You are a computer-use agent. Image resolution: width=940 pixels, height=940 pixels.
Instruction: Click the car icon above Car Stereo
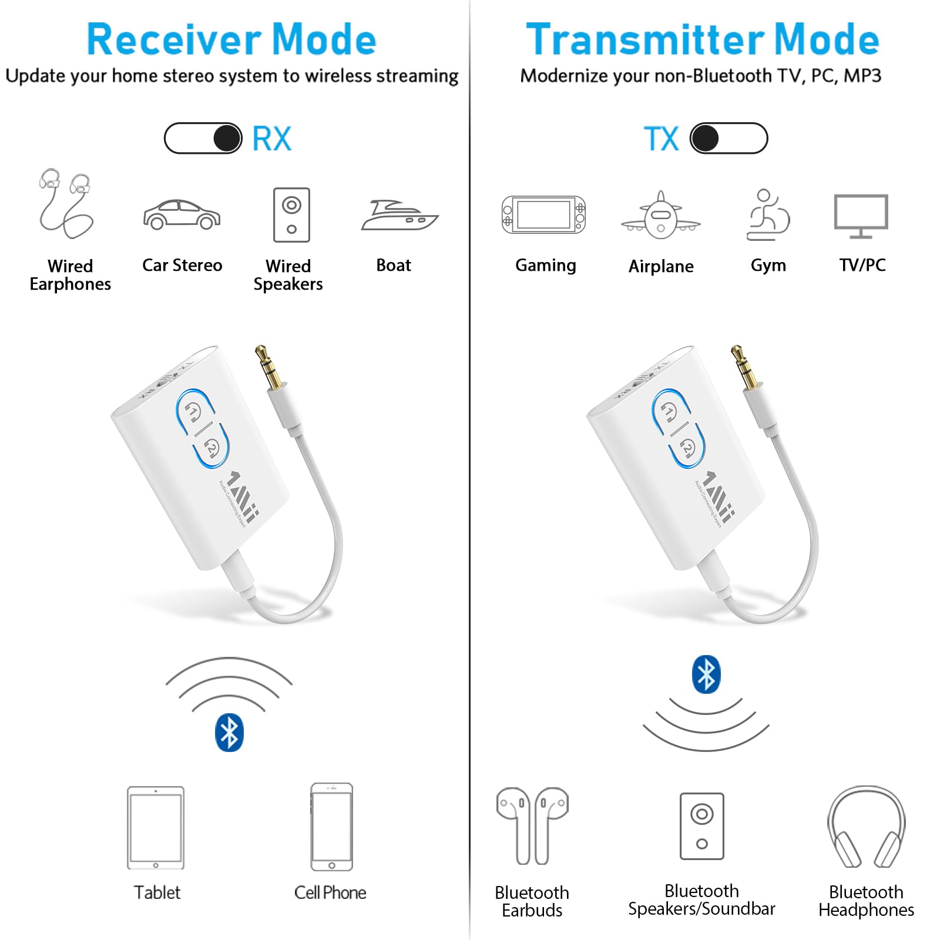[x=182, y=215]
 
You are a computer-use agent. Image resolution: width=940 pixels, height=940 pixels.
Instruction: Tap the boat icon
[x=399, y=216]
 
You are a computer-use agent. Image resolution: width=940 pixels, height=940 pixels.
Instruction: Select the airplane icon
[x=661, y=216]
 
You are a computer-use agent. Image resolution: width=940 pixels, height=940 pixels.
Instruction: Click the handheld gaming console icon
[x=543, y=215]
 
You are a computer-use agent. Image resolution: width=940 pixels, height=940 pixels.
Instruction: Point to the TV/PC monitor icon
[x=861, y=215]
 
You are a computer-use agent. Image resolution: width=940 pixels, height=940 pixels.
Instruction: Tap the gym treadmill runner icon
[x=767, y=215]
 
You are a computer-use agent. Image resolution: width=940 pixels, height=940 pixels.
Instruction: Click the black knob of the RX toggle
[x=227, y=139]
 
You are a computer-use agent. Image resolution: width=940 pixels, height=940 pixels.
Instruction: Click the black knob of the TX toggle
[x=705, y=139]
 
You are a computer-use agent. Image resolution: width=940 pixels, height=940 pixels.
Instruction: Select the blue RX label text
[x=271, y=139]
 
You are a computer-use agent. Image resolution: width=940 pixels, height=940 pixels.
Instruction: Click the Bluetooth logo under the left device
[x=229, y=733]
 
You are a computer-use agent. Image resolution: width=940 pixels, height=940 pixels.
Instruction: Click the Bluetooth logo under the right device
[x=706, y=674]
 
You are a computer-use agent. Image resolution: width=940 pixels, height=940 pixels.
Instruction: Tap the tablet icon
[x=156, y=828]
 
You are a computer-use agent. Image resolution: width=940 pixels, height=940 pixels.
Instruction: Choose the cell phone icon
[x=332, y=827]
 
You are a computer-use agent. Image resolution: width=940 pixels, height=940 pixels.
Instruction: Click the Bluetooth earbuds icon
[x=532, y=825]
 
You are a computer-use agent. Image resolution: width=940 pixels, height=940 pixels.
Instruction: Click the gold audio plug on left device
[x=267, y=366]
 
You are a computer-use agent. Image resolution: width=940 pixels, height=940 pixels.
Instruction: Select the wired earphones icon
[x=65, y=203]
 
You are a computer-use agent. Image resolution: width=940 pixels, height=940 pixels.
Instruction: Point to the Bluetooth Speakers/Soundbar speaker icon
[x=701, y=826]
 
